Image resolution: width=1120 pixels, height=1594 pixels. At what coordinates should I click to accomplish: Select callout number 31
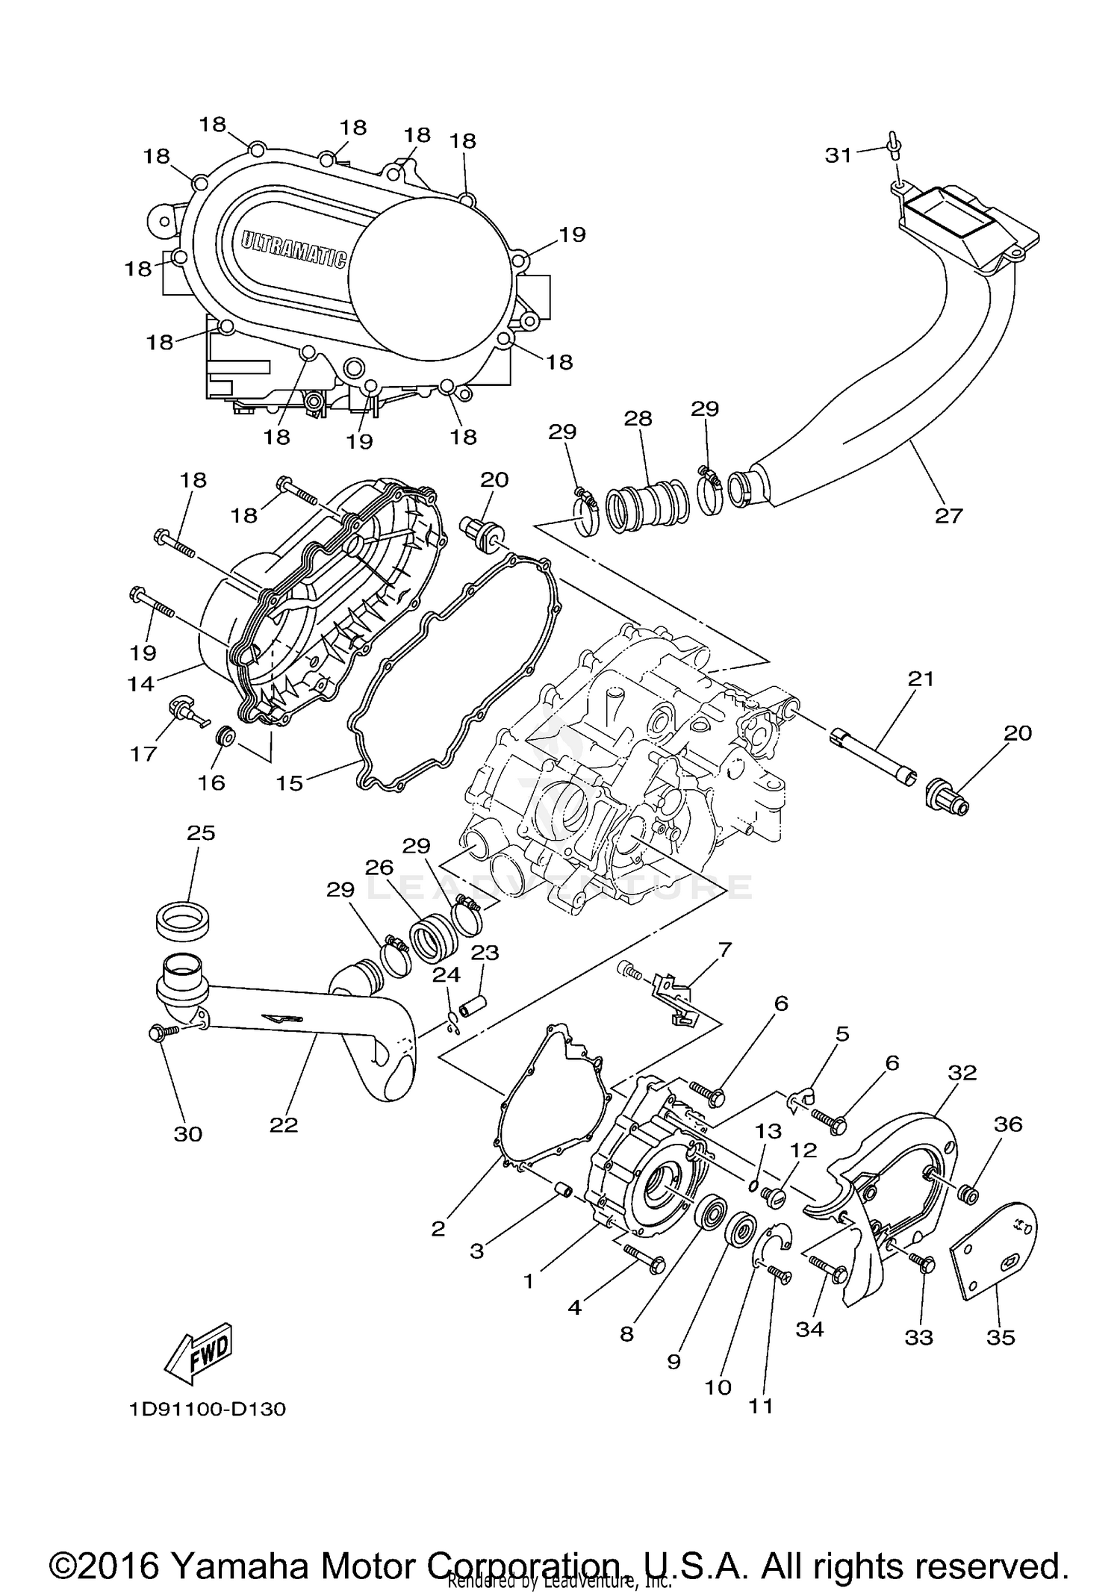click(838, 155)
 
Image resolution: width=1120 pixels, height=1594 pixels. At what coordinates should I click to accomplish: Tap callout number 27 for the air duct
click(949, 515)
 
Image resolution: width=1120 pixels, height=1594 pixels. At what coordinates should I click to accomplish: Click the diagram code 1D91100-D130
click(206, 1409)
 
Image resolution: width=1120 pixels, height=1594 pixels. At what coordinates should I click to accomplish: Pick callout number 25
click(200, 832)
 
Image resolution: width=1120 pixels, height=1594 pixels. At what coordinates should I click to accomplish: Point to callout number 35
click(1001, 1337)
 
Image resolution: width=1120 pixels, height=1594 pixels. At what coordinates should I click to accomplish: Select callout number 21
click(921, 679)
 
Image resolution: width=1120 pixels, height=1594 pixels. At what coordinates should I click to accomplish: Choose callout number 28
click(638, 418)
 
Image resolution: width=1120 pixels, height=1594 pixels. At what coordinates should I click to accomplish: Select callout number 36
click(1008, 1124)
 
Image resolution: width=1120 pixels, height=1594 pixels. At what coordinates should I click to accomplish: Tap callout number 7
click(724, 950)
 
